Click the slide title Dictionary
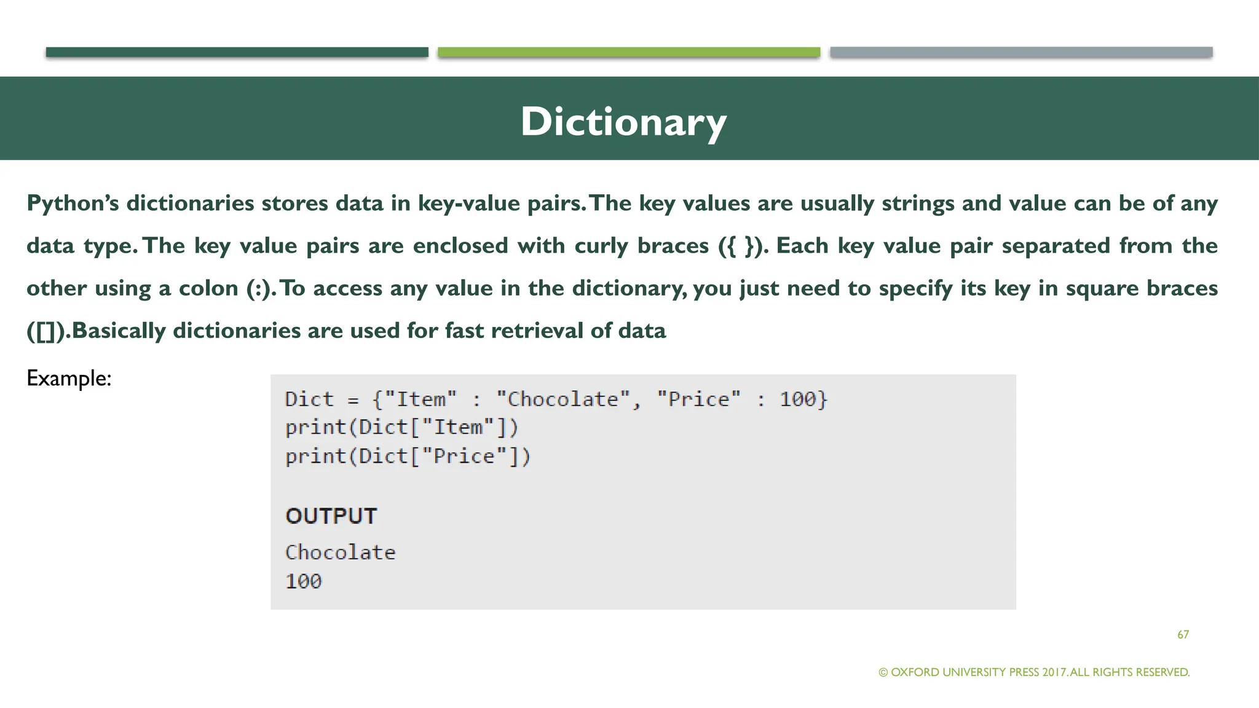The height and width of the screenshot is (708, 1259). tap(623, 121)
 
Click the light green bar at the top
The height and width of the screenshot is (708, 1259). tap(628, 52)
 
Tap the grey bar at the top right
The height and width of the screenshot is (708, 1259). tap(1020, 52)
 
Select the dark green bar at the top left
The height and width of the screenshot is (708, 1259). tap(237, 52)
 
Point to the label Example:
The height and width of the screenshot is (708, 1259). tap(69, 378)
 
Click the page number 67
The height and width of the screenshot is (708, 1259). tap(1183, 634)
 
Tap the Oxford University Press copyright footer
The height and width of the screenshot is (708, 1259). tap(1034, 672)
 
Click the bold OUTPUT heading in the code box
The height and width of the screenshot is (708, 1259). tap(331, 516)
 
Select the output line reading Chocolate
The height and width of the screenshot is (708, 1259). tap(340, 552)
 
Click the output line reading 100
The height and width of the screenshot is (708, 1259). tap(303, 581)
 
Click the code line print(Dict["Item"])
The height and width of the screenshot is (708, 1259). tap(401, 427)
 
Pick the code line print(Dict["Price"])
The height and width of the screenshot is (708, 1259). tap(408, 456)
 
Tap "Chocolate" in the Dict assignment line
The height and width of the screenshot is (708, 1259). tap(562, 399)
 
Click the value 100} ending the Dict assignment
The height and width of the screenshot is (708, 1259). tap(803, 399)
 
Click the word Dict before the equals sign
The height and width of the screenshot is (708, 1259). tap(309, 399)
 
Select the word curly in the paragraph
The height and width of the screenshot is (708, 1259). tap(601, 246)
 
